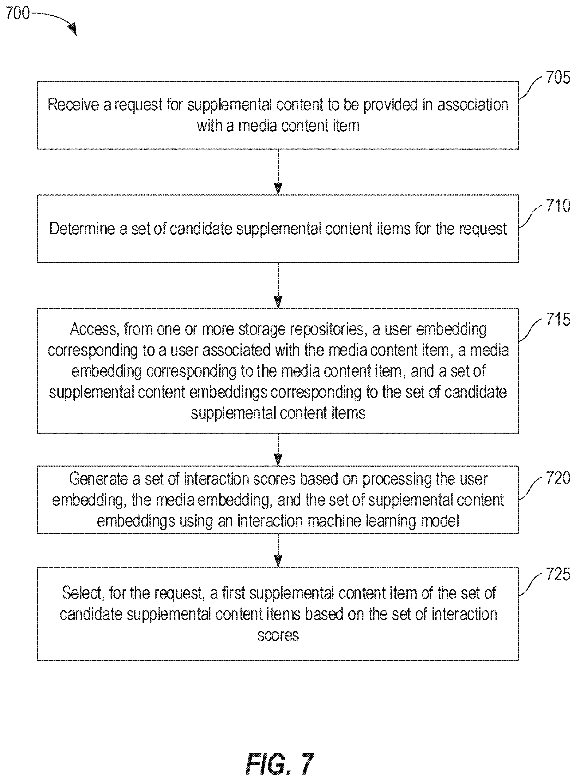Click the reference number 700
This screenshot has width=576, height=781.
18,13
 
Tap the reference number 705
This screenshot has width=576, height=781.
558,77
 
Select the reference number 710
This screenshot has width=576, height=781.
558,205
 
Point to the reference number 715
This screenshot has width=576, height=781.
558,319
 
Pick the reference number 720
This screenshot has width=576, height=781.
558,478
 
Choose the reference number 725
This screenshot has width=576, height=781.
558,574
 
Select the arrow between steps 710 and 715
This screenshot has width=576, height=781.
278,285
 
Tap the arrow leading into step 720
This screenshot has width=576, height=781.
278,450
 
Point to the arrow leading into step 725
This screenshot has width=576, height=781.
278,550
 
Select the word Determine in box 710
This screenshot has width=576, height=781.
82,229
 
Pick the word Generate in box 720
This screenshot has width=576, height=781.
99,479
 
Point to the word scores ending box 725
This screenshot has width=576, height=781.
278,636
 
